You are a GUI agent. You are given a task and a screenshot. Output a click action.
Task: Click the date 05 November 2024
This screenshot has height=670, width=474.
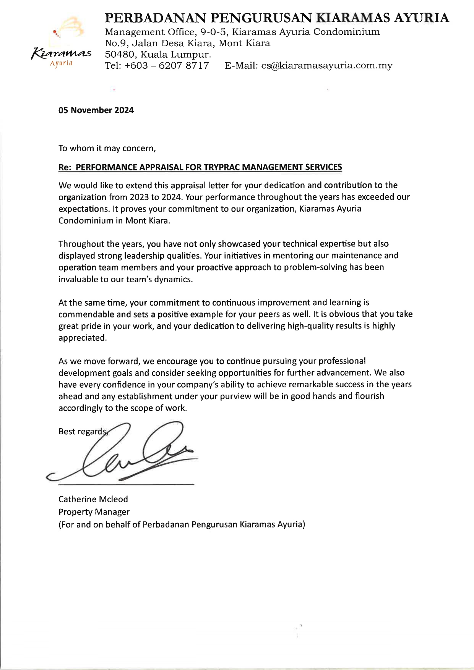point(96,110)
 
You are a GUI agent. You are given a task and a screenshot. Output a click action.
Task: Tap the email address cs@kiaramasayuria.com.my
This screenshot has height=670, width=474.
point(326,66)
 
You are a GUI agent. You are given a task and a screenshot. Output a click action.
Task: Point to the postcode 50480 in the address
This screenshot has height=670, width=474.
point(121,54)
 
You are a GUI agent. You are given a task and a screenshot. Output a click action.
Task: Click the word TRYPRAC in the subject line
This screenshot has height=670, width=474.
point(222,167)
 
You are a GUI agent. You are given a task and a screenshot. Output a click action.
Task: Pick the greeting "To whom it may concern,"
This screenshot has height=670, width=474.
point(107,148)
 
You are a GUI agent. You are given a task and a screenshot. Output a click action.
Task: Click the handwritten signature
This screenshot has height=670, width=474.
point(126,453)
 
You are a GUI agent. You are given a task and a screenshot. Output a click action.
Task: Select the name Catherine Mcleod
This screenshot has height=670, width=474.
point(93,499)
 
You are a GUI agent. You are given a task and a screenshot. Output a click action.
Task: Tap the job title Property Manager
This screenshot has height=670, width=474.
point(94,512)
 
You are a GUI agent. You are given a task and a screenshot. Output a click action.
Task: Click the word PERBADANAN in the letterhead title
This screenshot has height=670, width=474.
point(156,18)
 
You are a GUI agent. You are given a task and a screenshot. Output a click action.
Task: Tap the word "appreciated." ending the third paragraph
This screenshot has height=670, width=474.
point(83,338)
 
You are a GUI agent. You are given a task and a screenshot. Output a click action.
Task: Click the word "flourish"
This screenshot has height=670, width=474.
point(369,396)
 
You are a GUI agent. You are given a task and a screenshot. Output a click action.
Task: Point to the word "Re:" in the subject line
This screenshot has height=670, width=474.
point(65,167)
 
